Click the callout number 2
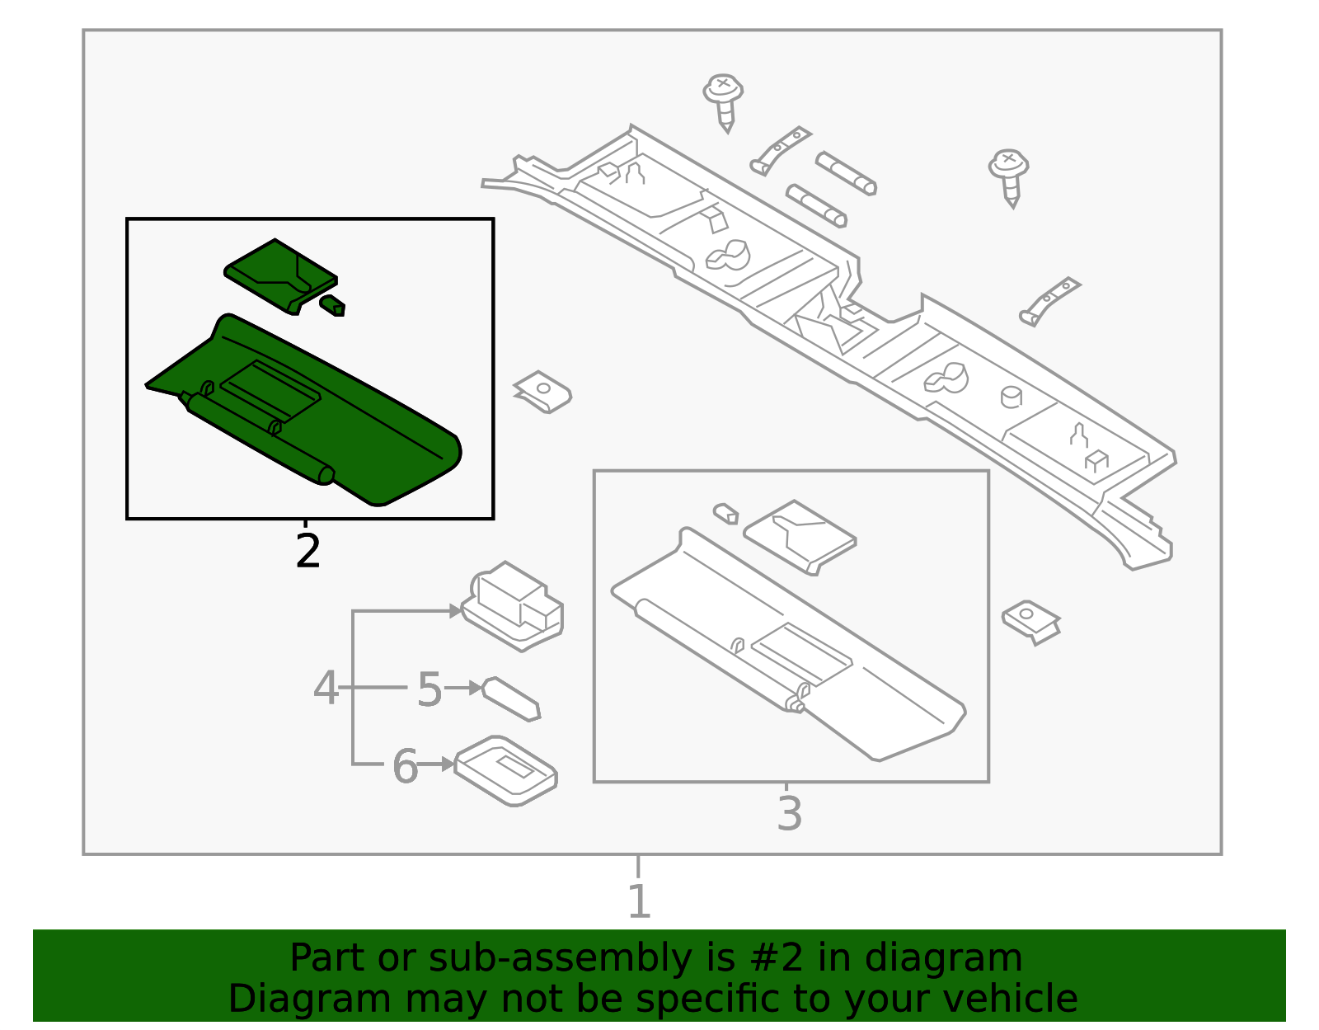[x=307, y=551]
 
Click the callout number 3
[x=789, y=813]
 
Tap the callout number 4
[x=326, y=687]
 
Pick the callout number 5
[x=429, y=689]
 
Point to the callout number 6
[x=404, y=766]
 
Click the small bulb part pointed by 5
[x=512, y=698]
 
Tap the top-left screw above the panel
[x=724, y=100]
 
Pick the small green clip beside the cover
[x=333, y=305]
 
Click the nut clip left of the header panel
[x=542, y=391]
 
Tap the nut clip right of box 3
[x=1030, y=620]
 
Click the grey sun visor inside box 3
[x=791, y=651]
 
